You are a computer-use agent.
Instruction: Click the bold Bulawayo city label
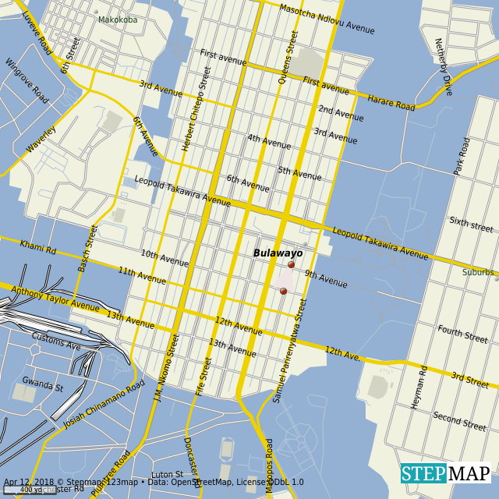pos(278,253)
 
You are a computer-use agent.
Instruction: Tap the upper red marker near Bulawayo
pos(292,265)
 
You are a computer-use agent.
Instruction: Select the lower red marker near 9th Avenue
pos(283,292)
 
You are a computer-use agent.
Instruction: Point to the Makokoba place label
pos(118,19)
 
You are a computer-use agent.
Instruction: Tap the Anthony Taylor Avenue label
pos(55,299)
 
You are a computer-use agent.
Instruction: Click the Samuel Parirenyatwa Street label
pos(288,351)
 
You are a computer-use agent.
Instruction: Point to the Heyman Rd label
pos(419,388)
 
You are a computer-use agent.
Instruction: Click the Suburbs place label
pos(478,272)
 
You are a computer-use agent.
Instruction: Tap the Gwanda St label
pos(42,384)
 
